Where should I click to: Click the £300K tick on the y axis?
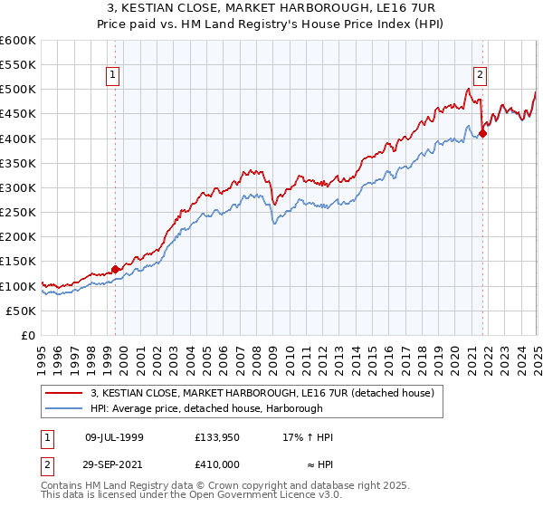point(17,187)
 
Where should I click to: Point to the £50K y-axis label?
point(20,311)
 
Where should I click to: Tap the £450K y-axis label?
point(17,114)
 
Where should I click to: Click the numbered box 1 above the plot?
point(114,75)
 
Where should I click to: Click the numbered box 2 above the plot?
point(480,75)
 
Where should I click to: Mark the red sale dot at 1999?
point(116,269)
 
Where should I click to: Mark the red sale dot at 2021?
point(482,134)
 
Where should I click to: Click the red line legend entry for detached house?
point(262,393)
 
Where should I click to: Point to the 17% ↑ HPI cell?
point(308,437)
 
